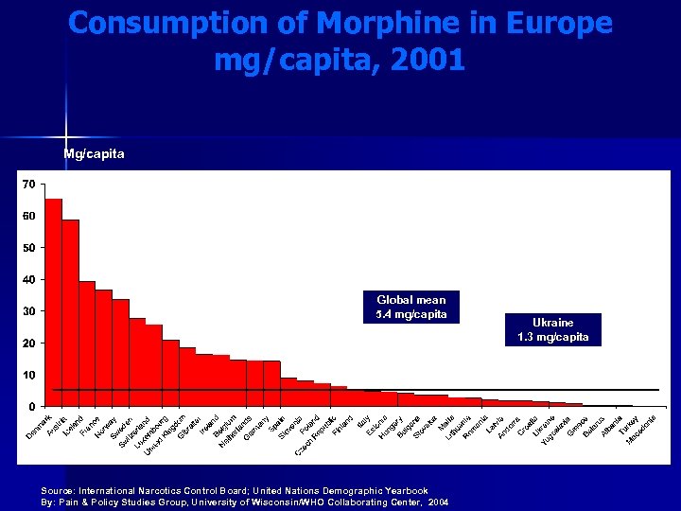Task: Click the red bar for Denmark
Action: (x=54, y=303)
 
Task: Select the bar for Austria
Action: (x=71, y=312)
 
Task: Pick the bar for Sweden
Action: (x=121, y=352)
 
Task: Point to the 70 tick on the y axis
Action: (x=29, y=184)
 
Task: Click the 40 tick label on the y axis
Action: (x=29, y=279)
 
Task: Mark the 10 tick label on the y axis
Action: (x=29, y=375)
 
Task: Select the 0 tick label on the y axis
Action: (x=32, y=407)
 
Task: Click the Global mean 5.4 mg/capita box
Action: (x=410, y=307)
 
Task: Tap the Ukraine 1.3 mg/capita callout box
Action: (x=553, y=329)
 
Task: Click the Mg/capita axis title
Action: (x=94, y=153)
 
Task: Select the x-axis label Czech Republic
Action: (x=316, y=436)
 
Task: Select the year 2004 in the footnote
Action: (x=438, y=502)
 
